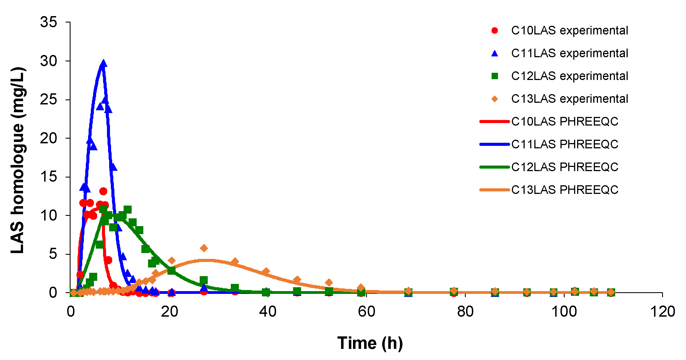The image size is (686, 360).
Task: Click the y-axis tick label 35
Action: pyautogui.click(x=49, y=22)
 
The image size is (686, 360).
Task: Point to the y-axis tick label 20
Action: pyautogui.click(x=49, y=138)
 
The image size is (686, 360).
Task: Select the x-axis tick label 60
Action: pyautogui.click(x=366, y=312)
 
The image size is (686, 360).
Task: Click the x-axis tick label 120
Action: pyautogui.click(x=663, y=312)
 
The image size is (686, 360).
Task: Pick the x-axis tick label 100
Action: pyautogui.click(x=564, y=312)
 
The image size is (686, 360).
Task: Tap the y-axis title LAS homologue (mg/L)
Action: pyautogui.click(x=18, y=160)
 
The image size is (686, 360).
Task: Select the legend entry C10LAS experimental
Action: pyautogui.click(x=569, y=31)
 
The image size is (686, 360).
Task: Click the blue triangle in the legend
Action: pyautogui.click(x=495, y=53)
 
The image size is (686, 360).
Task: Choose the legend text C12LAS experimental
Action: pyautogui.click(x=569, y=76)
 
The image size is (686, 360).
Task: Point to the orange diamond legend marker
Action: pyautogui.click(x=495, y=99)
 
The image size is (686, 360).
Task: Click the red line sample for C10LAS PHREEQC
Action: pyautogui.click(x=495, y=122)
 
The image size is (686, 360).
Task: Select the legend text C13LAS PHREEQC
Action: pyautogui.click(x=565, y=190)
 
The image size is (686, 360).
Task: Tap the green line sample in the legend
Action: pyautogui.click(x=495, y=167)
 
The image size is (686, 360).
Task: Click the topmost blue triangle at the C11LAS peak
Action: pyautogui.click(x=103, y=64)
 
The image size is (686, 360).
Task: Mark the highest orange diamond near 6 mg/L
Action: pyautogui.click(x=204, y=248)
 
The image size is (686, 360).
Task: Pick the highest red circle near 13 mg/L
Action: pyautogui.click(x=103, y=191)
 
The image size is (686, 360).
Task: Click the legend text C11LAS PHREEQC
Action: pyautogui.click(x=565, y=144)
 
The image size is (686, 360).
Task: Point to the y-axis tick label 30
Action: pyautogui.click(x=49, y=61)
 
